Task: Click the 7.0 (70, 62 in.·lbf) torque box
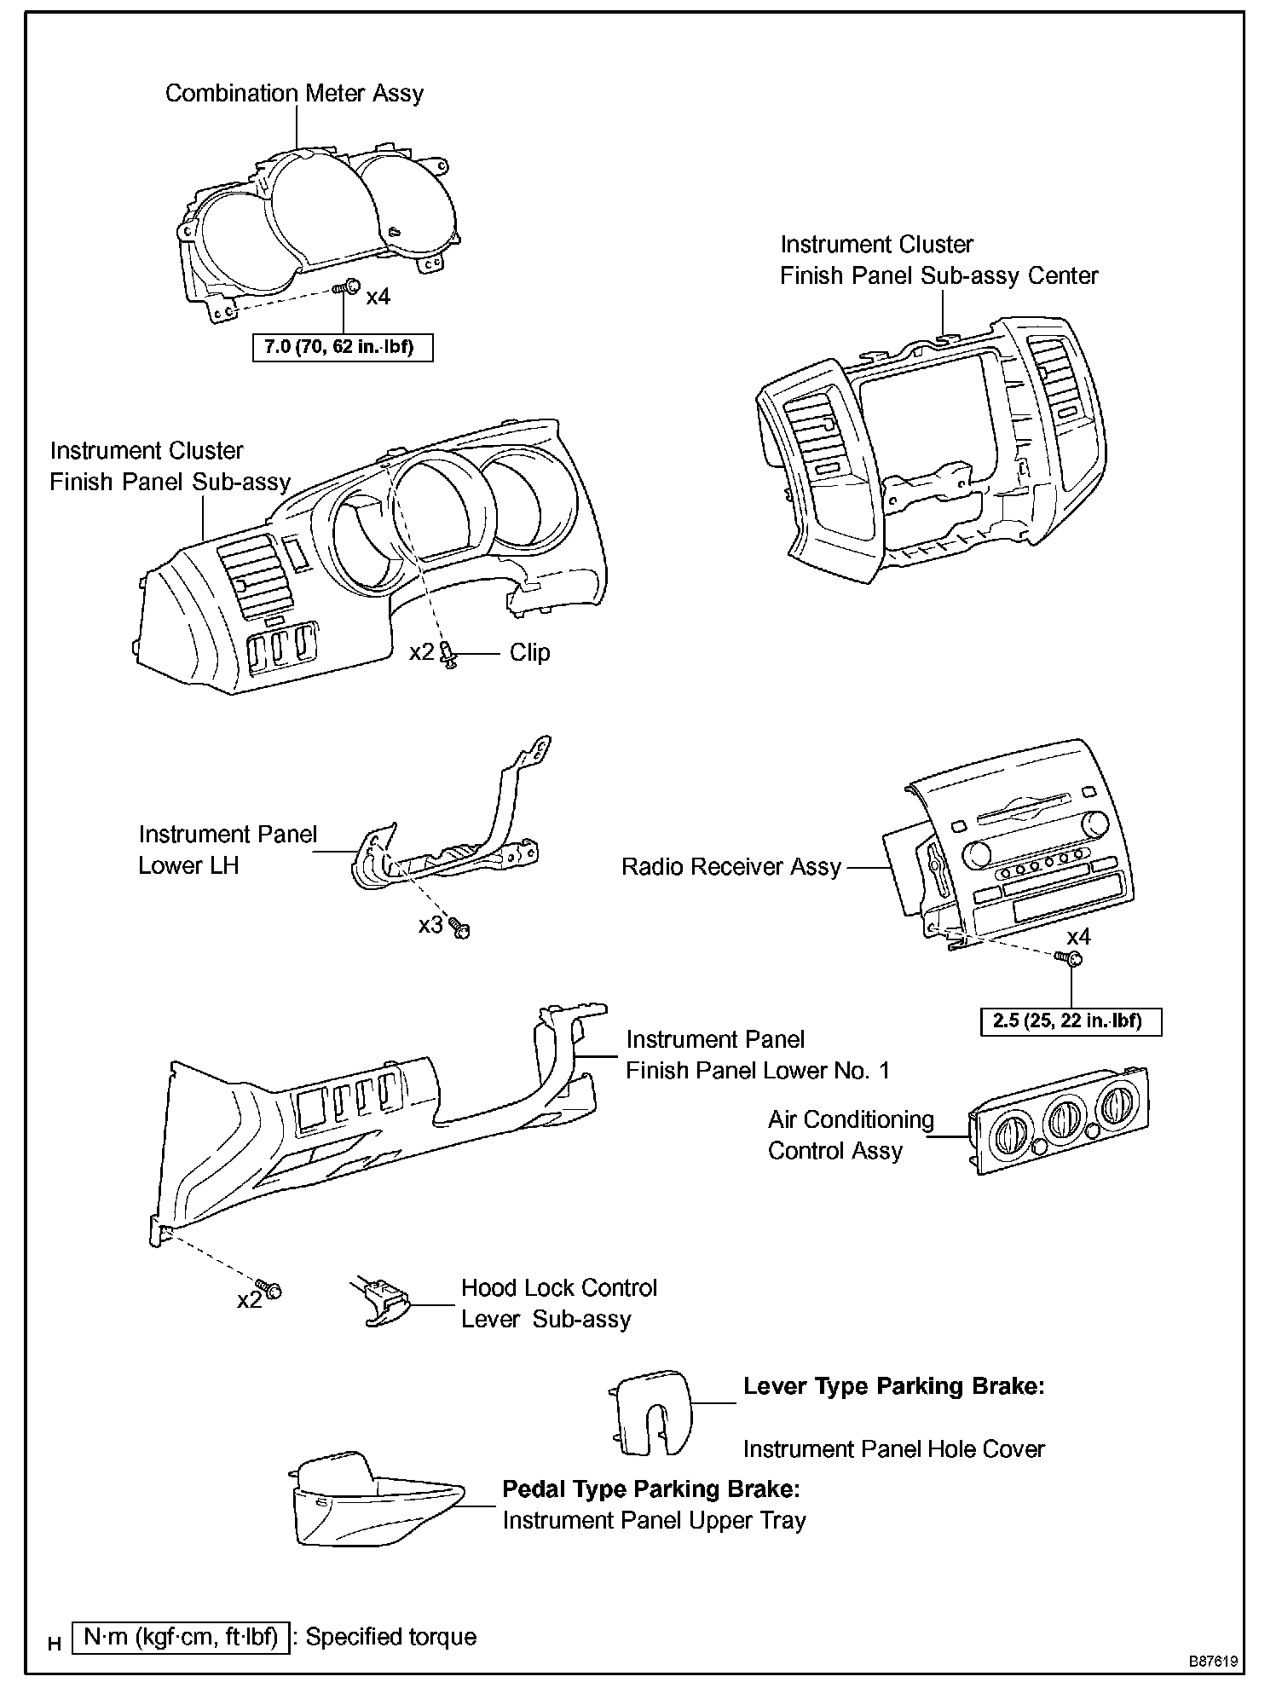tap(343, 348)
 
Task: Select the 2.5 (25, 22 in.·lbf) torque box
tap(1071, 1020)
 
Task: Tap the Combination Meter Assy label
tap(294, 93)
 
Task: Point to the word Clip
tap(529, 652)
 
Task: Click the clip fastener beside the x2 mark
tap(449, 655)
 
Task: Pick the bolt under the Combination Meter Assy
tap(345, 290)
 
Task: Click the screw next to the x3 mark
tap(460, 928)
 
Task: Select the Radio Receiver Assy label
tap(731, 867)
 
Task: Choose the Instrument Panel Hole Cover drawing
tap(650, 1414)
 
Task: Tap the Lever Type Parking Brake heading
tap(893, 1386)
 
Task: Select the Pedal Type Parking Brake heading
tap(650, 1489)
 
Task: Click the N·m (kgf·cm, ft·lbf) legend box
tap(182, 1637)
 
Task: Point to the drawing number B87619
tap(1214, 1662)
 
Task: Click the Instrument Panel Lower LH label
tap(228, 850)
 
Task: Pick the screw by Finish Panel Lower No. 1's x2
tap(271, 1290)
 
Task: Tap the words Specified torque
tap(391, 1637)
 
